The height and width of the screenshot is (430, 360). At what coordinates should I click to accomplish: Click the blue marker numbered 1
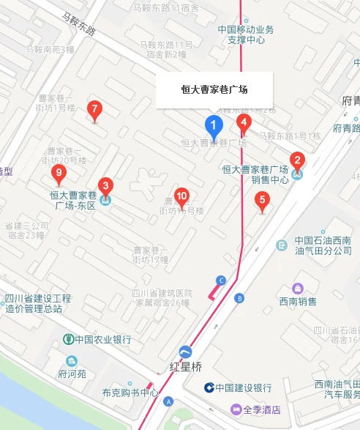point(214,126)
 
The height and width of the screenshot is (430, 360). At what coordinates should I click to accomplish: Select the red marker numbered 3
point(105,187)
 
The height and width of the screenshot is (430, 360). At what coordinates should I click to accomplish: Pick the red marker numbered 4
point(244,122)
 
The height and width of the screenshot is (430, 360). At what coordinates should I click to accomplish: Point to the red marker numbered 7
point(94,110)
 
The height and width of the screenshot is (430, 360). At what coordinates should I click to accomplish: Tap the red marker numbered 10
point(181,196)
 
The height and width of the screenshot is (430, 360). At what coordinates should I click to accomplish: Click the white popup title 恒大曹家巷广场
point(214,90)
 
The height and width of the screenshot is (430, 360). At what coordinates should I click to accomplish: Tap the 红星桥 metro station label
point(186,367)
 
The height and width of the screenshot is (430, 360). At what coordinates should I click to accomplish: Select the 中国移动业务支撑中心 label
point(246,34)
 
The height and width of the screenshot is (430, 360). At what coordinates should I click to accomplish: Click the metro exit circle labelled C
point(221,280)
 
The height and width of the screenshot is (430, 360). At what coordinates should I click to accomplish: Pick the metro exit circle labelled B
point(239,297)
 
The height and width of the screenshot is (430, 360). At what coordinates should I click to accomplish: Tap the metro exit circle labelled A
point(169,401)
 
